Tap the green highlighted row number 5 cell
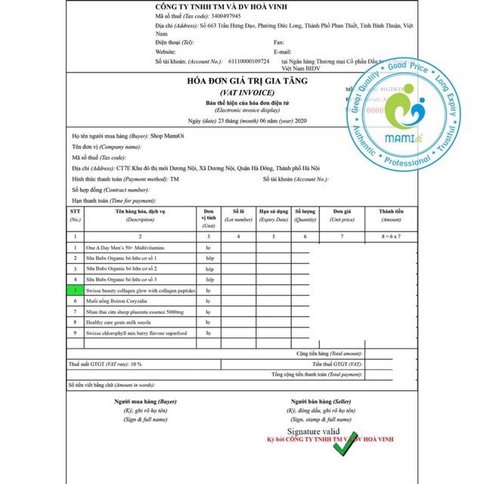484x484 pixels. pos(75,290)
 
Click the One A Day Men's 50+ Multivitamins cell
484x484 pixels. pos(125,247)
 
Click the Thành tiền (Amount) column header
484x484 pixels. pos(391,216)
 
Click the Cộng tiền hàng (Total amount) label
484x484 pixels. pos(330,353)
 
